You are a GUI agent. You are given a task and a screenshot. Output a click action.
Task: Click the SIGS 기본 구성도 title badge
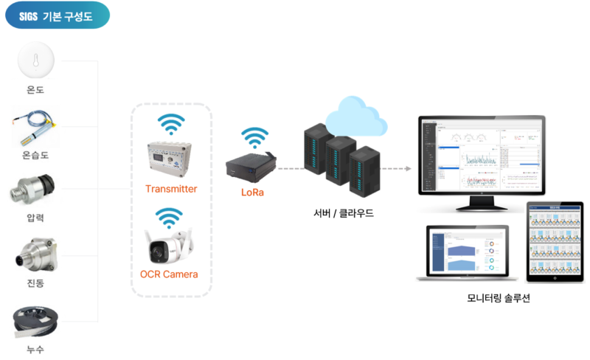(58, 15)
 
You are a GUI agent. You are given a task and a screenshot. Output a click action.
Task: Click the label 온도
(36, 91)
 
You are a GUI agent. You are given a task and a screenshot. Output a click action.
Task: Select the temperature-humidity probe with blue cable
(36, 128)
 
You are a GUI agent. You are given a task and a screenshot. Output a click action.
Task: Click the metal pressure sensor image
(36, 190)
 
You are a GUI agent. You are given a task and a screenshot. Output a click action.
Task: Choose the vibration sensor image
(36, 255)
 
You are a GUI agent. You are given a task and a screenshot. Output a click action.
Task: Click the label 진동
(36, 285)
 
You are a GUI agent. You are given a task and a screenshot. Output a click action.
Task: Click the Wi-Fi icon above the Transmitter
(171, 125)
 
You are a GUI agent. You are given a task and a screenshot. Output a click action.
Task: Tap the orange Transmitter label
(171, 189)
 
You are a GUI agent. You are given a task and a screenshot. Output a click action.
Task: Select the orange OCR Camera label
(169, 274)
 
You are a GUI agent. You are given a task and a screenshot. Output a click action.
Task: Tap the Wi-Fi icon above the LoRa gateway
(255, 138)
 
